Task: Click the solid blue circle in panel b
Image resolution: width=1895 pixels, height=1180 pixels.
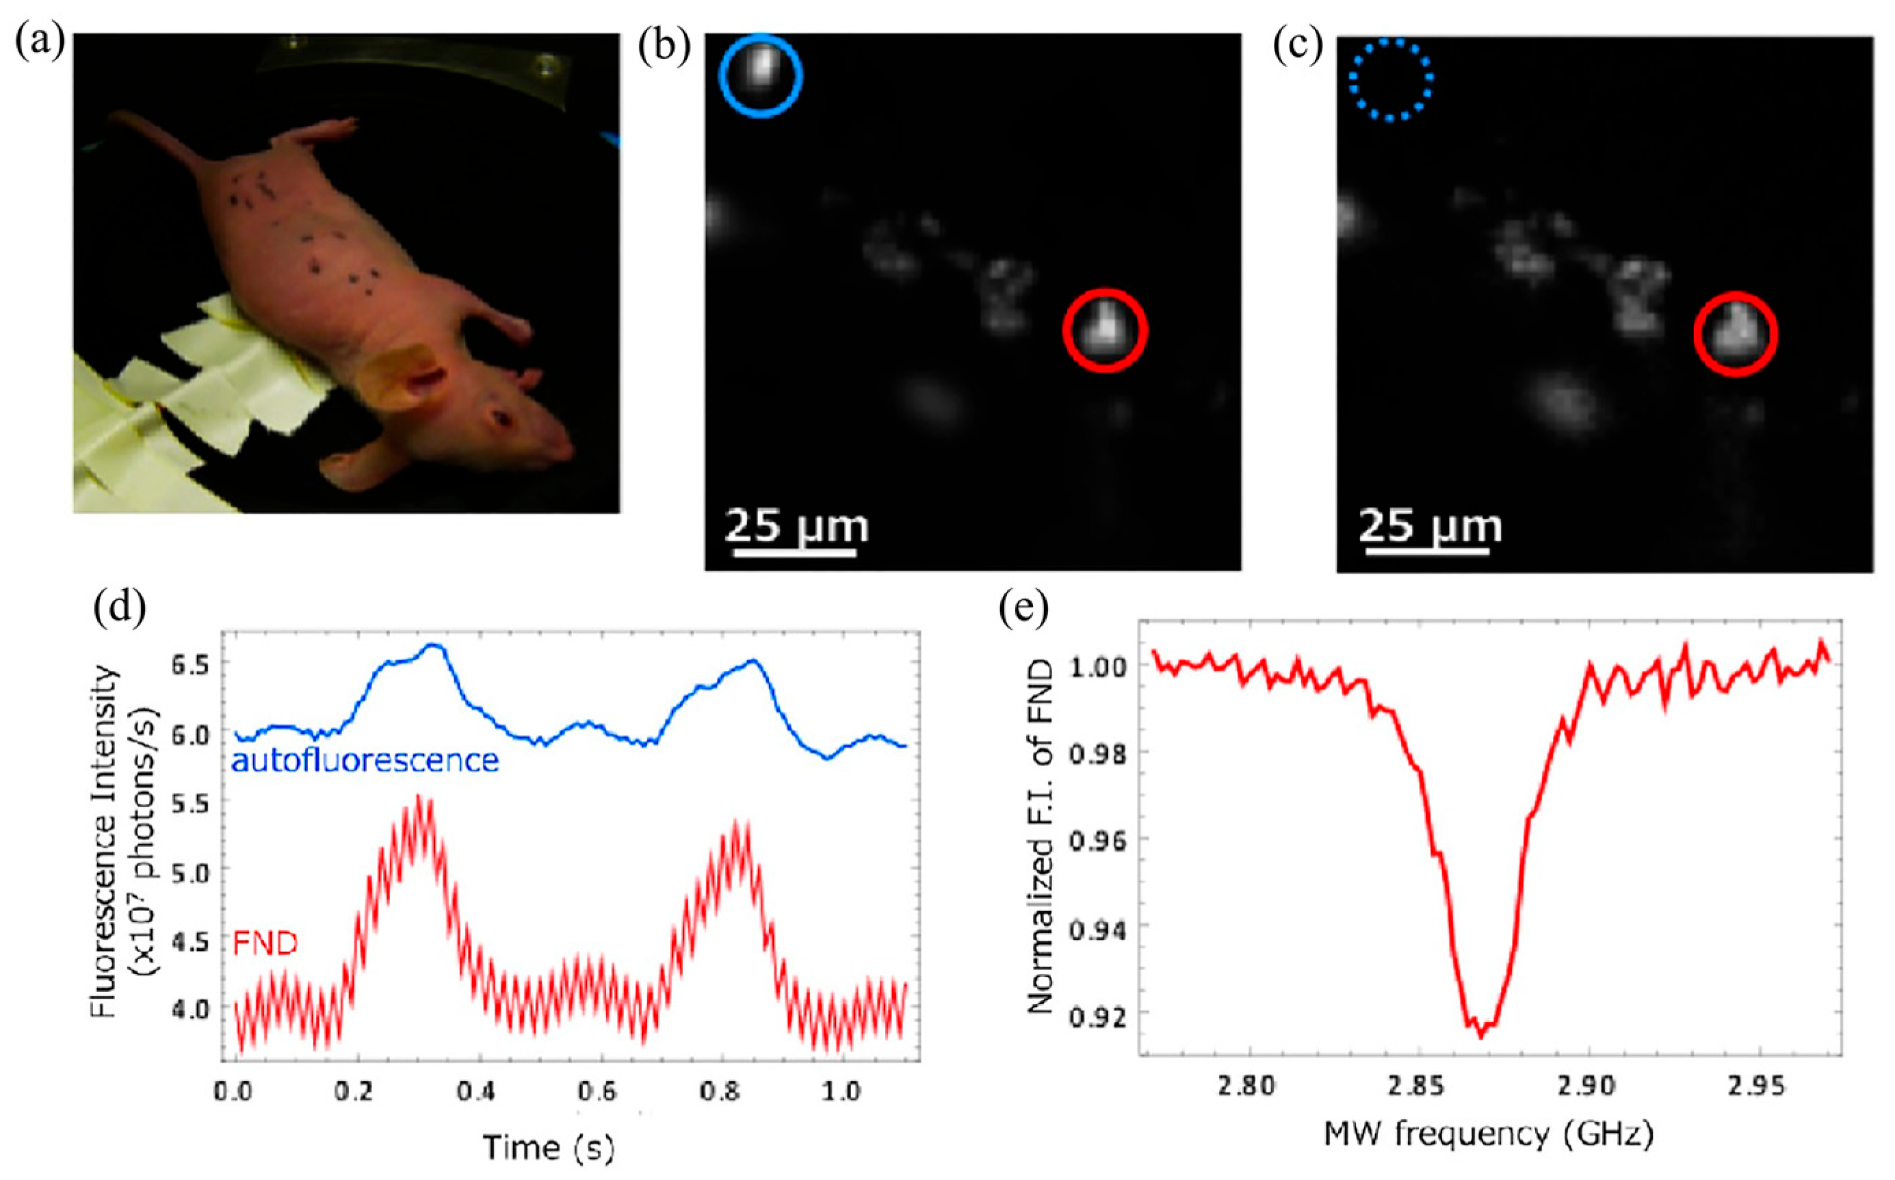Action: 761,76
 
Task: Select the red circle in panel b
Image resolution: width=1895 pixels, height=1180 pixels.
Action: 1105,331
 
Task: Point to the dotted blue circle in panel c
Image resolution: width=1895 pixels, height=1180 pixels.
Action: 1391,79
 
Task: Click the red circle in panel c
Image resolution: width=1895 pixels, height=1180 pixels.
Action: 1736,334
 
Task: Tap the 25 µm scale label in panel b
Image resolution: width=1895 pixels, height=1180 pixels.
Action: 796,526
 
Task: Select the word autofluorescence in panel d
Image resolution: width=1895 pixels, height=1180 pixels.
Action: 365,760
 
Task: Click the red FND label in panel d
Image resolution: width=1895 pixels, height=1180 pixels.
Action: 265,944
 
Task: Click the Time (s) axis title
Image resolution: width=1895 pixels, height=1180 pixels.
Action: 549,1147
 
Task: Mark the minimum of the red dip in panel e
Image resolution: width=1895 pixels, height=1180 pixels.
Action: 1480,1036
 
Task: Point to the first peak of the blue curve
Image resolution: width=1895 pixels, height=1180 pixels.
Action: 434,646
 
